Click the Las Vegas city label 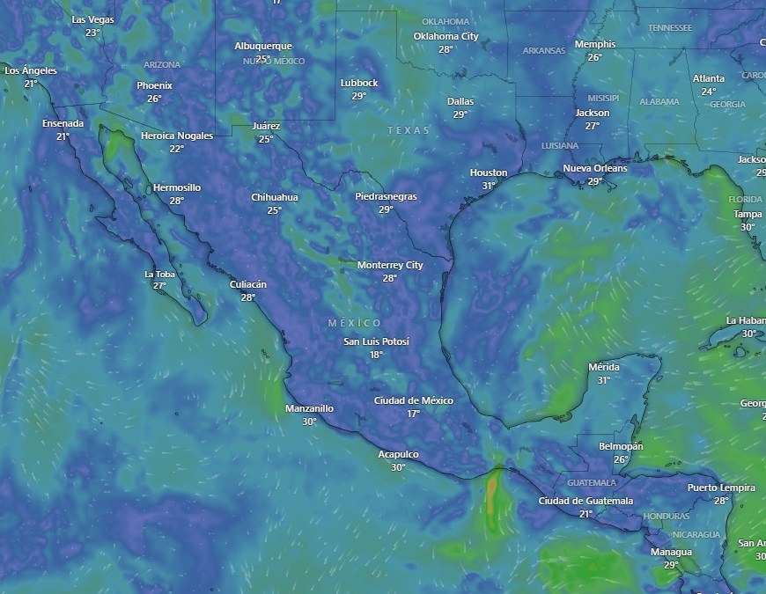[x=92, y=19]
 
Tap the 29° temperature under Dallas [x=460, y=114]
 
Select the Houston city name [x=489, y=172]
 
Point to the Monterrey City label [x=390, y=265]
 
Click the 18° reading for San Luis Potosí [x=376, y=355]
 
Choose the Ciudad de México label [x=413, y=400]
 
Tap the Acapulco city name [x=398, y=454]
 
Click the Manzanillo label [x=309, y=408]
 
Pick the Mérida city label [x=603, y=367]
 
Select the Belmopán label [x=621, y=446]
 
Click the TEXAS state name [x=409, y=130]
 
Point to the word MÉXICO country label [x=355, y=323]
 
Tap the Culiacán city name [x=247, y=284]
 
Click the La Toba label [x=159, y=274]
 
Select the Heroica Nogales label [x=177, y=136]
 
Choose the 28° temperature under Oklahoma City [x=446, y=49]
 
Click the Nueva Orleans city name [x=595, y=168]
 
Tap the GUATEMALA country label [x=592, y=483]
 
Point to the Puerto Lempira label [x=721, y=488]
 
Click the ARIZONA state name [x=162, y=65]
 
